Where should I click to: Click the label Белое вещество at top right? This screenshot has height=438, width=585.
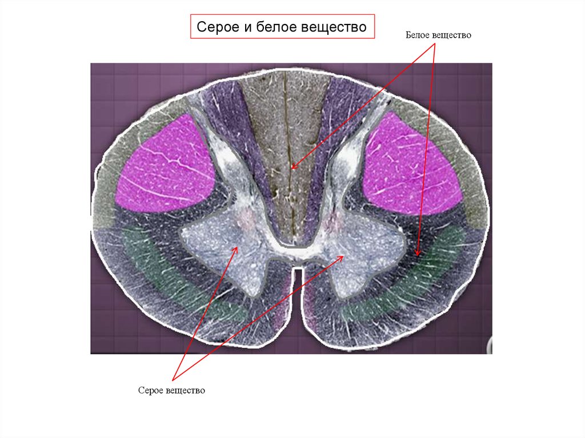[x=438, y=35]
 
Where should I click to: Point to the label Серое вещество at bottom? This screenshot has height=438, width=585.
[x=171, y=391]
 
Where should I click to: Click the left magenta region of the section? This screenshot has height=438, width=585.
[x=166, y=166]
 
